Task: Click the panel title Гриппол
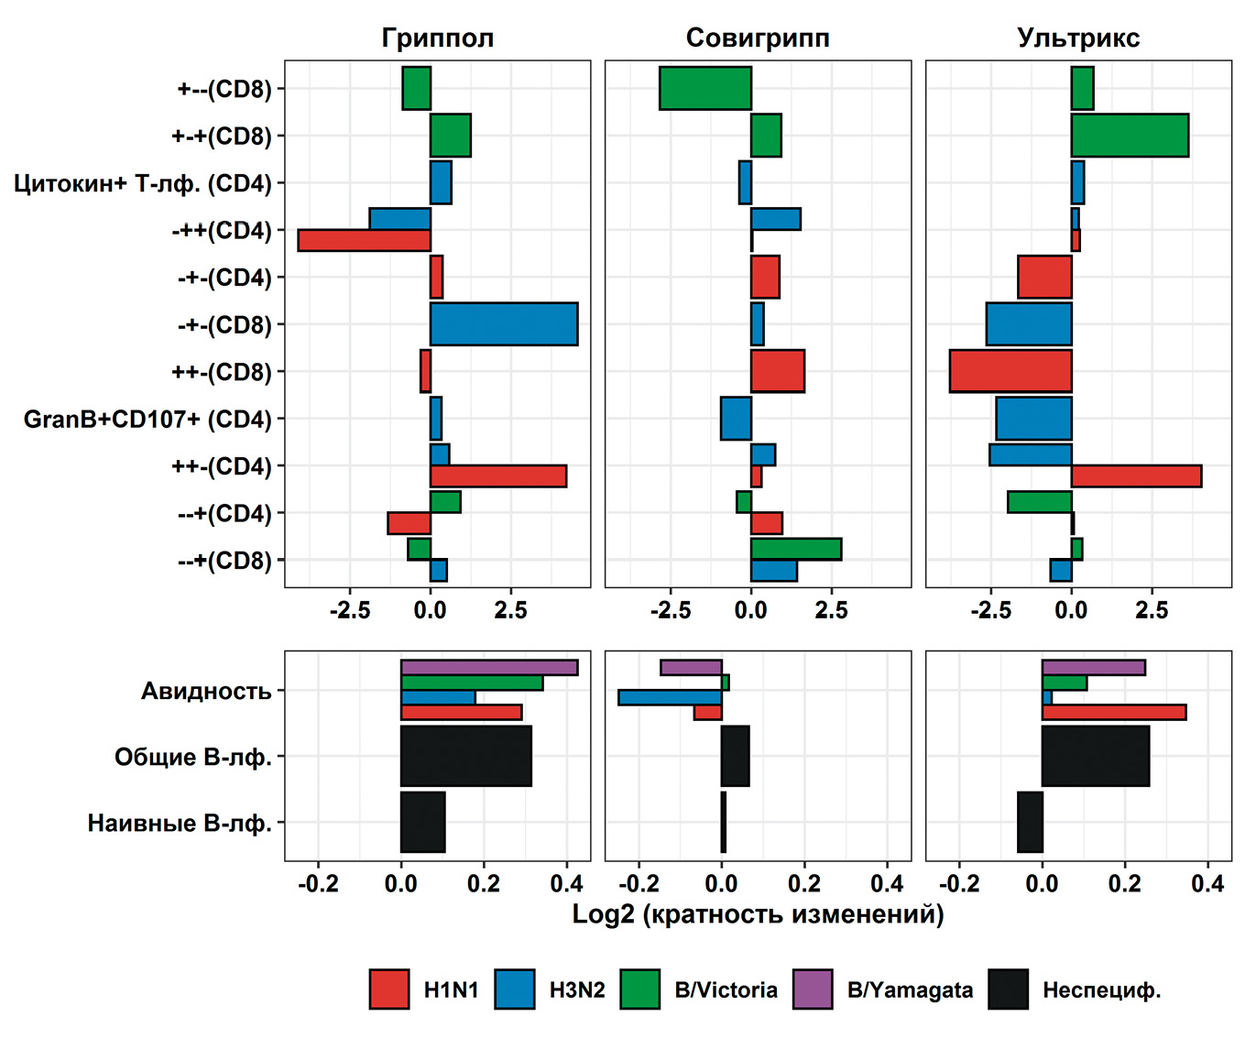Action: [437, 38]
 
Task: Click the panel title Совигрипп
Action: [758, 38]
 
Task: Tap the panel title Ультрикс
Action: [1078, 38]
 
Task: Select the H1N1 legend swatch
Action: [389, 989]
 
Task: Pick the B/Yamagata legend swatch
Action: [813, 989]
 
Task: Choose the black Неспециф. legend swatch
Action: [1008, 989]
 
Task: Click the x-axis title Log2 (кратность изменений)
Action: [758, 914]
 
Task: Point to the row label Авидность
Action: [206, 691]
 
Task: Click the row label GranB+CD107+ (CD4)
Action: [147, 420]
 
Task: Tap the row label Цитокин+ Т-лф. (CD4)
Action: [143, 183]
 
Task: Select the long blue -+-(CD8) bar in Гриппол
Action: [504, 324]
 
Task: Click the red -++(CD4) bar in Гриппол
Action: [364, 240]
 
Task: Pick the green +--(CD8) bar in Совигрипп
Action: [705, 89]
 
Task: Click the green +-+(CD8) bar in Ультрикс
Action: [1130, 136]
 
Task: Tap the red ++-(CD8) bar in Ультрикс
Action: [1010, 371]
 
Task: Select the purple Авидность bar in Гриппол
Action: [489, 668]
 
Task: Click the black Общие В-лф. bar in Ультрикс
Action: [1096, 756]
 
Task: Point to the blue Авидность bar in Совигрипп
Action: [670, 697]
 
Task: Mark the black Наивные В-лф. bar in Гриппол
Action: [422, 822]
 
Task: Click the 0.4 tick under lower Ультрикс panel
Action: [1207, 884]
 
